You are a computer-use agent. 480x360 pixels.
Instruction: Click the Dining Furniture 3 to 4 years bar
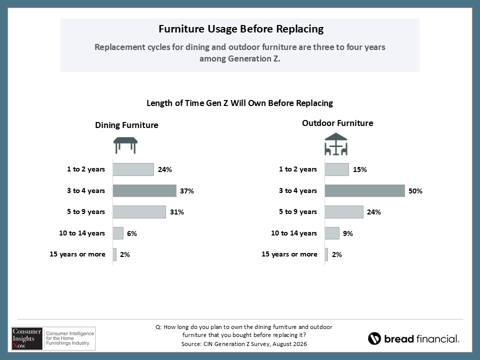coord(144,190)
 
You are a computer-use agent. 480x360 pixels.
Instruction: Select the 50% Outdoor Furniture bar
coord(365,190)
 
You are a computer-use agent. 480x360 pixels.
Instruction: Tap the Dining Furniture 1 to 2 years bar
coord(133,169)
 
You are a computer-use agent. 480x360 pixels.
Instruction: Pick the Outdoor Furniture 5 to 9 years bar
coord(344,212)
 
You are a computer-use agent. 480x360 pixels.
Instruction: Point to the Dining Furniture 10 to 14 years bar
coord(118,233)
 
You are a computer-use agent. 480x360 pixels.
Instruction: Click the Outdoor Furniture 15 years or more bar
coord(326,254)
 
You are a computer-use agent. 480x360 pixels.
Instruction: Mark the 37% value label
coord(186,191)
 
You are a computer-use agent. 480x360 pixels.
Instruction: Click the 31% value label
coord(177,212)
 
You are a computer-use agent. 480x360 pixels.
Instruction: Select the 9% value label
coord(348,233)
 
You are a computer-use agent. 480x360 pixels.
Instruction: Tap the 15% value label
coord(359,169)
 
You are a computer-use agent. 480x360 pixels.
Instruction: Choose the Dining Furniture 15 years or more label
coord(77,254)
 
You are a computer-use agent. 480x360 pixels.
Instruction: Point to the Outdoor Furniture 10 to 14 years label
coord(294,233)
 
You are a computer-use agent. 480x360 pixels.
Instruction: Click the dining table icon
coord(125,145)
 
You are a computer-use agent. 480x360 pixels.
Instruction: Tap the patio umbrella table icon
coord(336,144)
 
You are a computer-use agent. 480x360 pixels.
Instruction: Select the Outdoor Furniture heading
coord(337,123)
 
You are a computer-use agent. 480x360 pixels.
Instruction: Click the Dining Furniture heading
coord(126,125)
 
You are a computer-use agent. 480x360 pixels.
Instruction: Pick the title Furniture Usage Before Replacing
coord(241,29)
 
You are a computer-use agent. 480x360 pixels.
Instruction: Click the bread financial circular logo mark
coord(374,338)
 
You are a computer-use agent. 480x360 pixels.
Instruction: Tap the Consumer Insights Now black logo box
coord(27,338)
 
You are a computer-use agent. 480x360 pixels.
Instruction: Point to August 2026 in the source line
coord(289,344)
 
